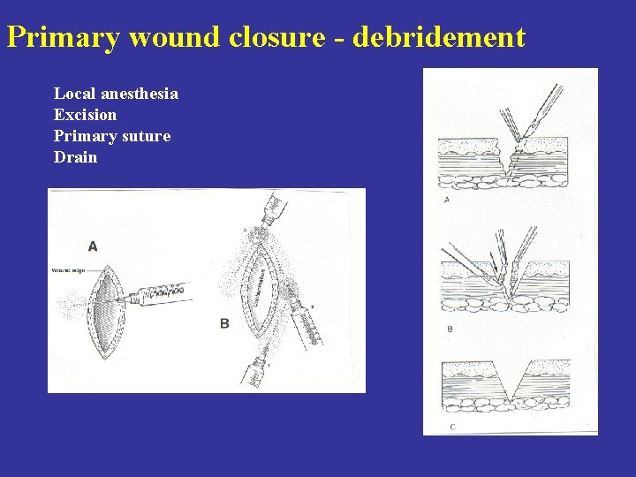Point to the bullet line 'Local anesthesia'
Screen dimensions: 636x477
point(116,93)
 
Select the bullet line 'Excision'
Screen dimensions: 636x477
point(85,114)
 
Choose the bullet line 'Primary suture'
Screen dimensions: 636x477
point(112,136)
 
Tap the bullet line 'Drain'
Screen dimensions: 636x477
point(75,157)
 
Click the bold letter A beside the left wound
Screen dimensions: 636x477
point(93,246)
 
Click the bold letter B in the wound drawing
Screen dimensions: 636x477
point(224,323)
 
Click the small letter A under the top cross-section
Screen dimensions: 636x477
point(446,200)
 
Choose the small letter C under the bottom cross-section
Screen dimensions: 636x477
point(453,426)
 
